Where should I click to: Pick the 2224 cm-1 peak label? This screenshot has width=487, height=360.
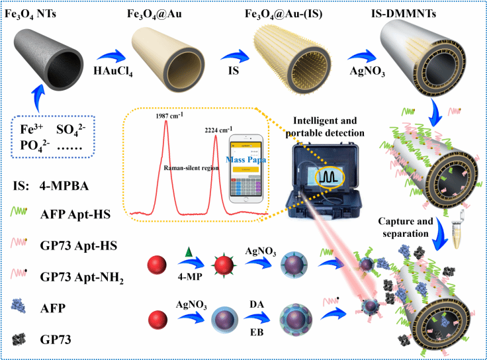coord(218,130)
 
